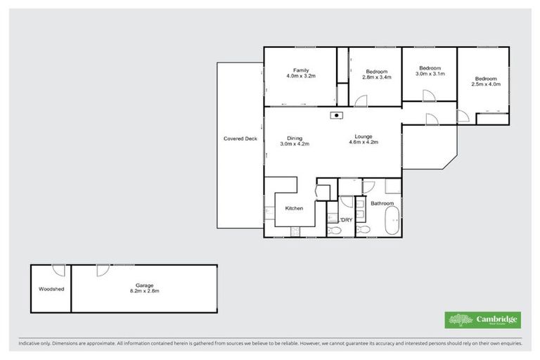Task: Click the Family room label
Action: pyautogui.click(x=300, y=70)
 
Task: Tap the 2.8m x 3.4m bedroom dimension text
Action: pyautogui.click(x=377, y=77)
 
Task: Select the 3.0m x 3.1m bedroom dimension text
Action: pyautogui.click(x=430, y=74)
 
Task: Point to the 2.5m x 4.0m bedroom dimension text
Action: pyautogui.click(x=485, y=84)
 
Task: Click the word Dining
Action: pyautogui.click(x=295, y=138)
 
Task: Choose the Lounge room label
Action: pyautogui.click(x=364, y=136)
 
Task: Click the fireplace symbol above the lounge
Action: pyautogui.click(x=337, y=115)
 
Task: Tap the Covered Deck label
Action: pyautogui.click(x=240, y=139)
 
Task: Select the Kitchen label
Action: pyautogui.click(x=293, y=209)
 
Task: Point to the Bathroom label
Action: pyautogui.click(x=382, y=204)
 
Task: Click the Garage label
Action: pyautogui.click(x=141, y=285)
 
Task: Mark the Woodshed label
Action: pyautogui.click(x=50, y=288)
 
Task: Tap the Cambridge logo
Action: pyautogui.click(x=483, y=320)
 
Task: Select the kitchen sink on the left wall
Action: pyautogui.click(x=269, y=210)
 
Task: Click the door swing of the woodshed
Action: pyautogui.click(x=60, y=270)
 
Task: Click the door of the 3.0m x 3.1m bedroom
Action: pyautogui.click(x=431, y=119)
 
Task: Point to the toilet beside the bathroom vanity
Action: pyautogui.click(x=361, y=229)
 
